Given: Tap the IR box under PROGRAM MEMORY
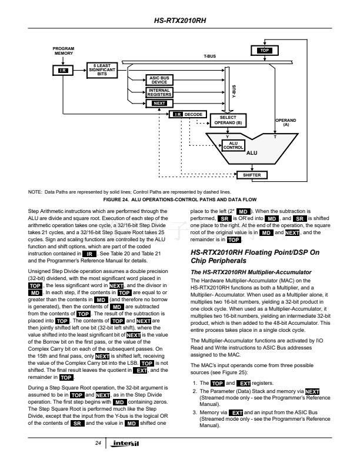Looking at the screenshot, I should tap(63, 70).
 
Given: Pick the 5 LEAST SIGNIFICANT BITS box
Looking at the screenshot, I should tap(102, 69).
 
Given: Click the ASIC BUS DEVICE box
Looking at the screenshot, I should tap(159, 80).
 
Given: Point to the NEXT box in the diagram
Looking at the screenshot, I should tap(159, 103).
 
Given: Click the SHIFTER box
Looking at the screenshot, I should tap(251, 175).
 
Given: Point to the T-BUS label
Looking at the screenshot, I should tap(209, 56).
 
